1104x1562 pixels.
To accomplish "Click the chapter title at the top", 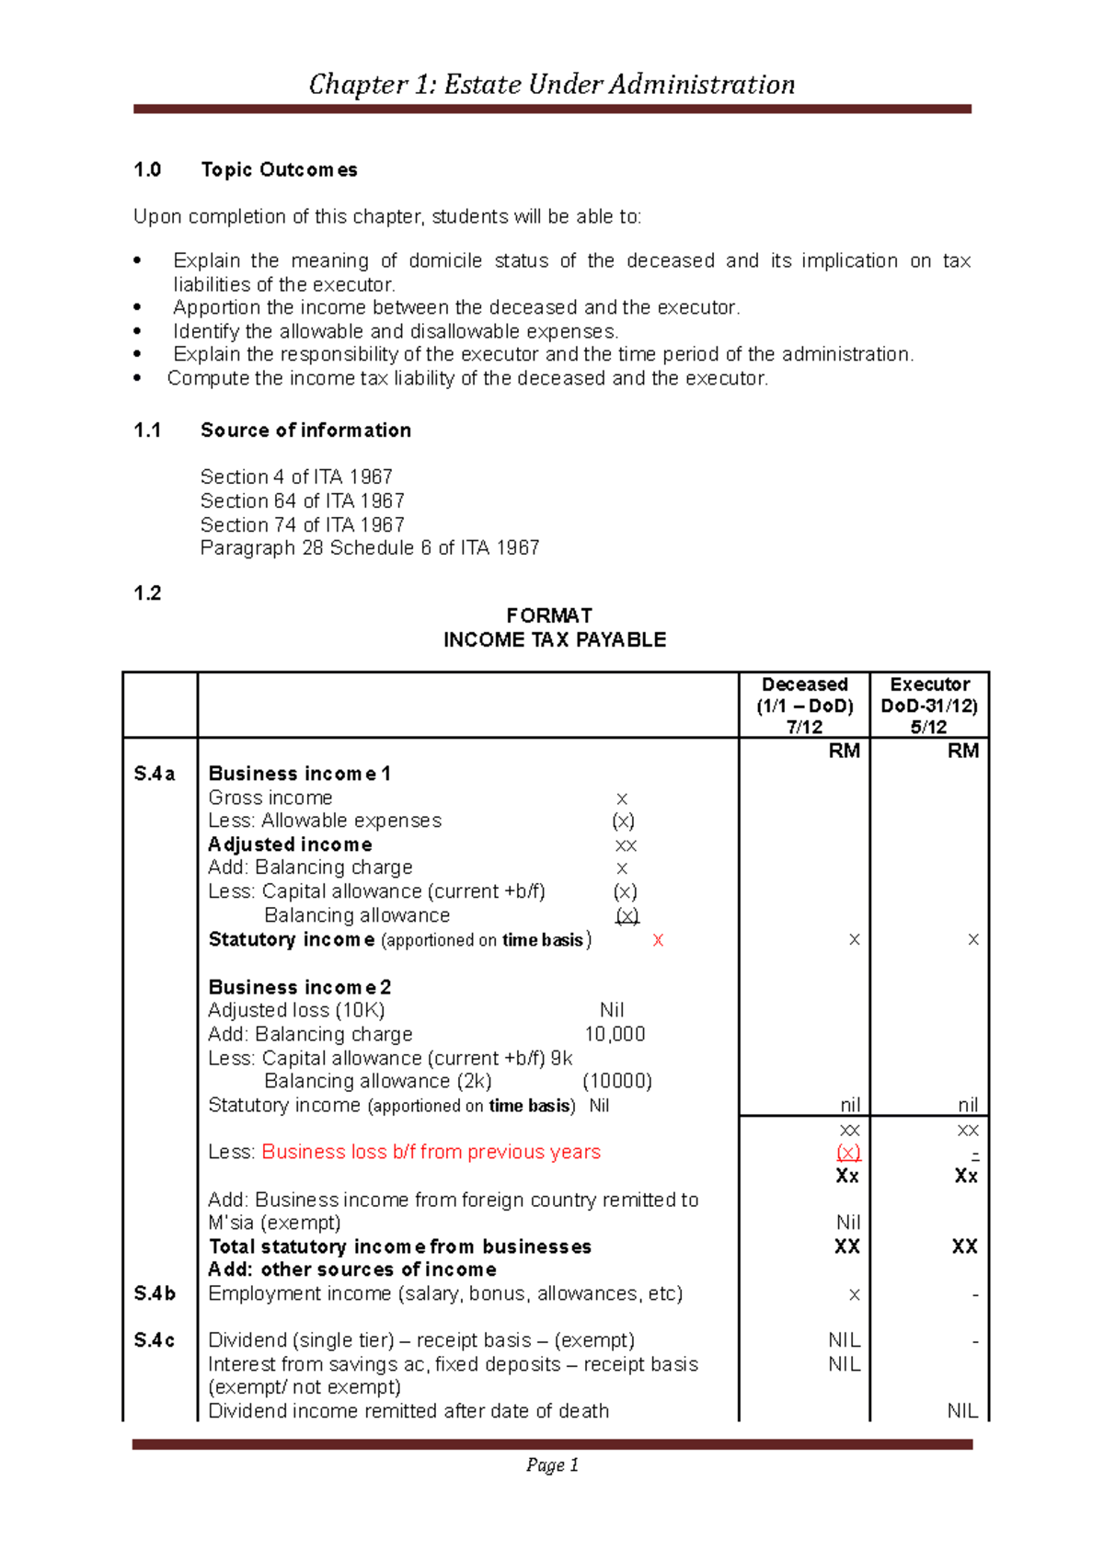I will (x=552, y=85).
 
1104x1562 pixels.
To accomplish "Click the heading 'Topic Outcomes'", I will (x=279, y=170).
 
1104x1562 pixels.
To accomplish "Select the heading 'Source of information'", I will (x=305, y=431).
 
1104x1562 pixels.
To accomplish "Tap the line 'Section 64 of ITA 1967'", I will (x=302, y=501).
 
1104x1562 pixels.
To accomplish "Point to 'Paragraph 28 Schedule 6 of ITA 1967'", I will (x=370, y=548).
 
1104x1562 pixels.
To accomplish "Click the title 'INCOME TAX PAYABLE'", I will (x=554, y=640).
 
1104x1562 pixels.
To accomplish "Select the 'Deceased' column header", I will (x=804, y=684).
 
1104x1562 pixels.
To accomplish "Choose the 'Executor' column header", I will (x=929, y=684).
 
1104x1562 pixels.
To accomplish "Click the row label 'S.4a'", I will (x=155, y=774).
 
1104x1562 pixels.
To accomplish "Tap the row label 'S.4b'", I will (x=155, y=1294).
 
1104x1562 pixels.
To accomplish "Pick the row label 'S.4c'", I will (x=155, y=1340).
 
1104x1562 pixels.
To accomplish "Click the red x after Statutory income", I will (x=657, y=940).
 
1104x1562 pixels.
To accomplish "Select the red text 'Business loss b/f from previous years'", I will (x=431, y=1152).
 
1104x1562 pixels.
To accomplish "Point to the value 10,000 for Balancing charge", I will (x=615, y=1034).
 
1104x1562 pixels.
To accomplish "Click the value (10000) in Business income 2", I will (x=616, y=1081).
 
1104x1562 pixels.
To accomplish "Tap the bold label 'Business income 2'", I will (x=300, y=987).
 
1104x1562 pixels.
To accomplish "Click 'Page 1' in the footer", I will (x=552, y=1465).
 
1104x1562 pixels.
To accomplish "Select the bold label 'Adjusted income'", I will (x=290, y=844).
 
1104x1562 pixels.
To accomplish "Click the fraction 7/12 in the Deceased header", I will (x=804, y=727).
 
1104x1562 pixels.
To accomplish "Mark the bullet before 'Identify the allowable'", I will (x=138, y=331).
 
